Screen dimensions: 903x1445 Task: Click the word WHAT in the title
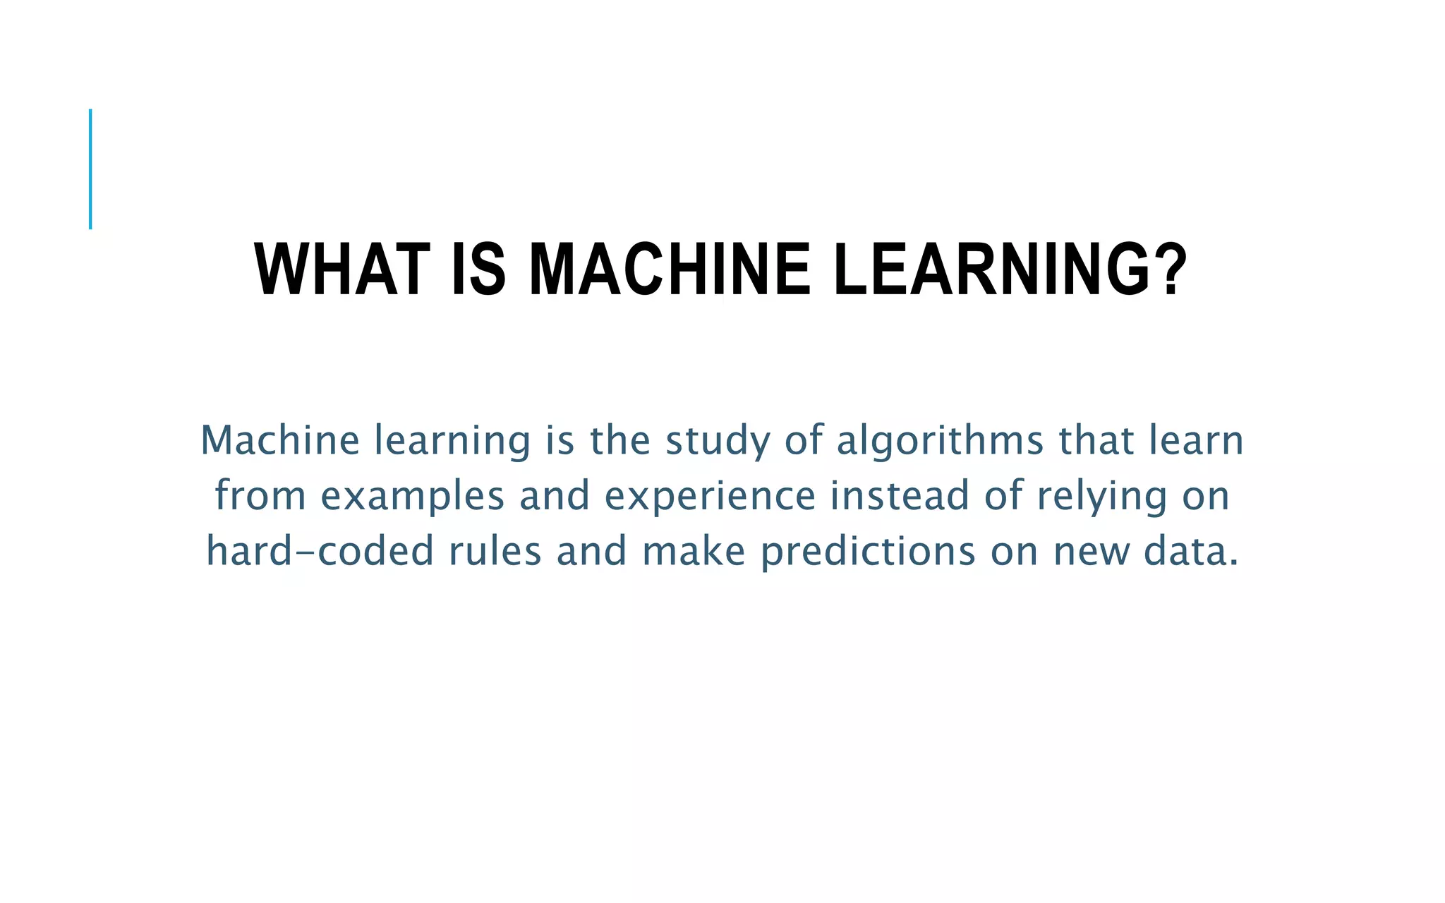[x=342, y=270]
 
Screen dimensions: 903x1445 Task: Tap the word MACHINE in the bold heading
[x=669, y=270]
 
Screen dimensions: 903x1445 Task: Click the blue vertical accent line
[x=90, y=169]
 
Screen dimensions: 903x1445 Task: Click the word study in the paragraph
[x=718, y=441]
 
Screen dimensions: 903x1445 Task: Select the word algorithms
[x=940, y=441]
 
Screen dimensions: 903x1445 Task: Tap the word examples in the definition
[x=413, y=496]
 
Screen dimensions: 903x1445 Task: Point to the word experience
[x=710, y=496]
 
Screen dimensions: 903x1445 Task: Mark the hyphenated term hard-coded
[x=320, y=551]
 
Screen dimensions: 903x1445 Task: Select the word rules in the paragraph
[x=495, y=551]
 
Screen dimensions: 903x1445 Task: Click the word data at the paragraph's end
[x=1191, y=551]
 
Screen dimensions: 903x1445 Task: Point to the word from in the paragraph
[x=260, y=496]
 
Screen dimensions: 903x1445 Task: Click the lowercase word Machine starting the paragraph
[x=280, y=441]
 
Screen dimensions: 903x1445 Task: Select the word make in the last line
[x=694, y=551]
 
